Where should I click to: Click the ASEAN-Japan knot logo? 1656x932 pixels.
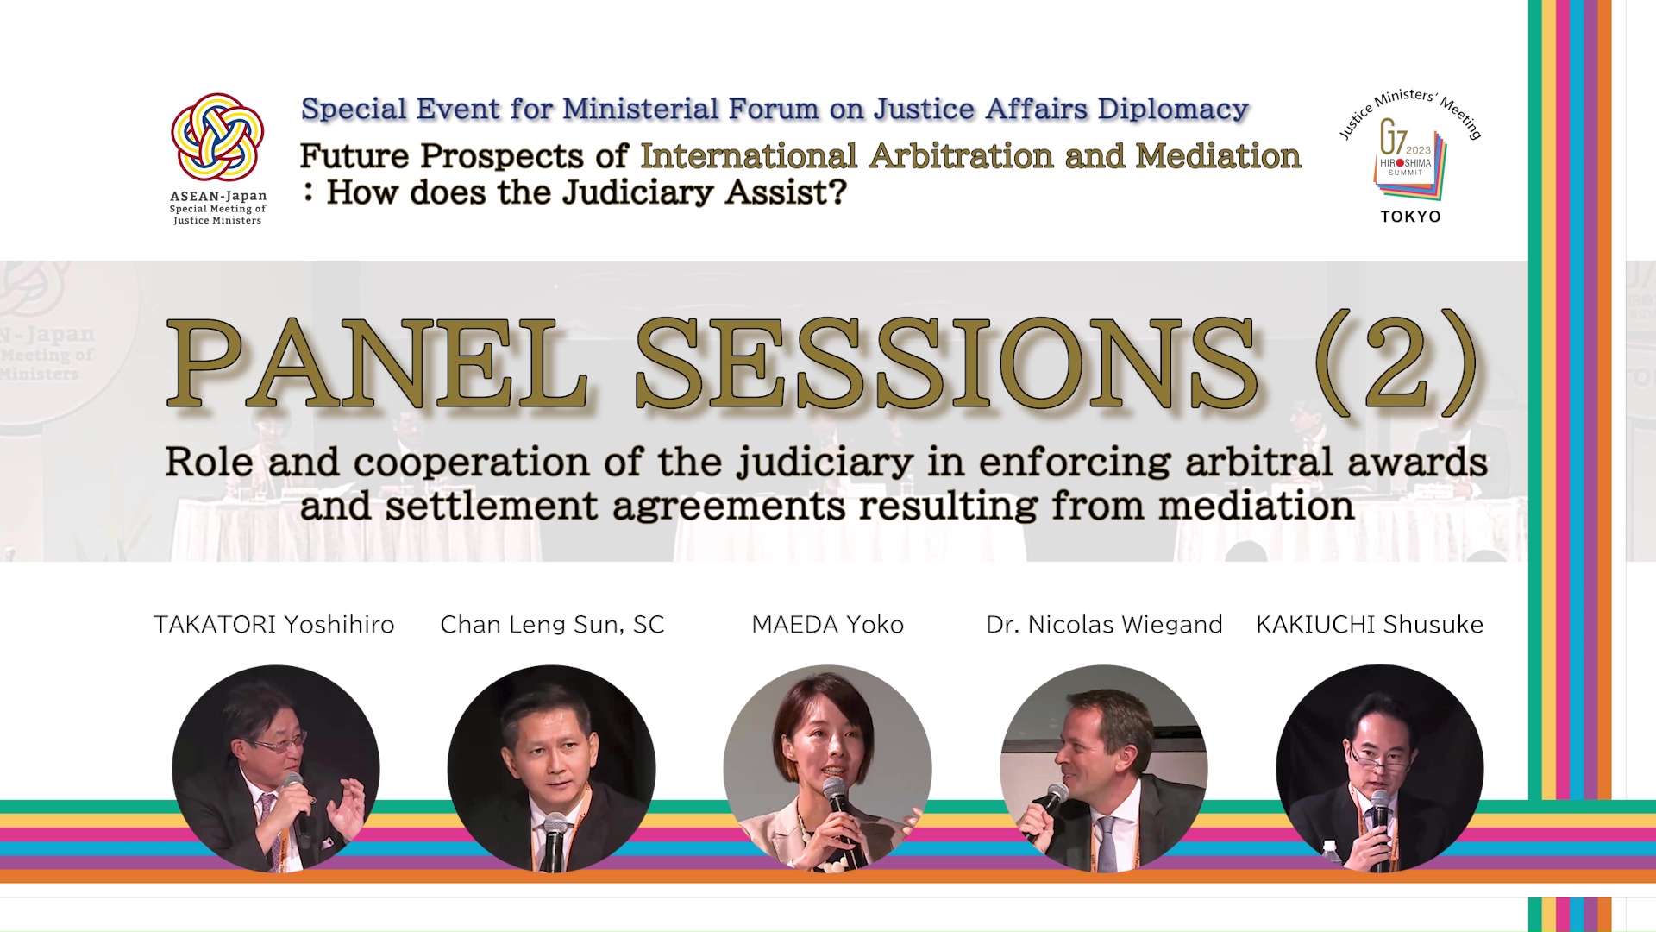pos(217,136)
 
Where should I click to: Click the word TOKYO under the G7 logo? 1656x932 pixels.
pos(1411,217)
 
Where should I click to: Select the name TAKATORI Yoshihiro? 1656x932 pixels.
pos(274,625)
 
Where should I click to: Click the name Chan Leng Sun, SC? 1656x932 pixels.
pos(552,625)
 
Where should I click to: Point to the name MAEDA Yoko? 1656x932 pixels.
pos(828,625)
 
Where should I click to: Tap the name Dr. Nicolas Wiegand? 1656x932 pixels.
pos(1104,625)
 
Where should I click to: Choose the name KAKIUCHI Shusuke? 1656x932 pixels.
pos(1370,625)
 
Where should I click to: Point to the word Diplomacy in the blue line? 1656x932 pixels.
pos(1173,110)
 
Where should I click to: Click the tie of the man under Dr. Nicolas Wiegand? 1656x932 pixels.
pos(1106,844)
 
